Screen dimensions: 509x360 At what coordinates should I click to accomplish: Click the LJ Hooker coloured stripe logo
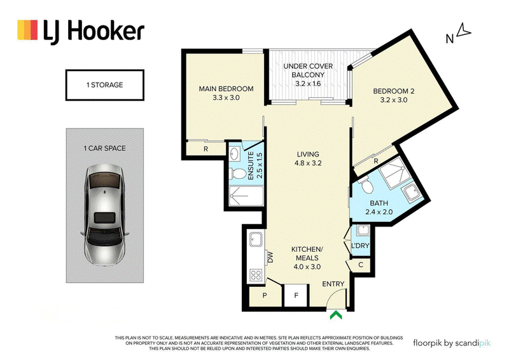[x=27, y=30]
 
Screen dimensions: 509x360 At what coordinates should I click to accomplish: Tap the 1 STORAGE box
[x=104, y=85]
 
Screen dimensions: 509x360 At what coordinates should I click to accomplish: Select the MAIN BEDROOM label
[x=226, y=88]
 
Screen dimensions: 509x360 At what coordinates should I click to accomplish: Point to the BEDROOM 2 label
[x=393, y=91]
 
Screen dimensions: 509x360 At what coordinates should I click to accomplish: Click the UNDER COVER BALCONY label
[x=308, y=71]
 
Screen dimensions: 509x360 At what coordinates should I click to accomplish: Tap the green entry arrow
[x=336, y=315]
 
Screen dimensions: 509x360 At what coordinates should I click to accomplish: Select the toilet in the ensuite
[x=237, y=174]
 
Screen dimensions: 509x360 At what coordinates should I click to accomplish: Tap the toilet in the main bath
[x=366, y=184]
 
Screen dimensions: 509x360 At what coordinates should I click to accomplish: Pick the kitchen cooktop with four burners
[x=256, y=275]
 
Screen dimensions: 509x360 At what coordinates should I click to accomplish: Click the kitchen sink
[x=256, y=240]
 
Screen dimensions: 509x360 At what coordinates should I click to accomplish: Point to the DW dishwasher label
[x=270, y=258]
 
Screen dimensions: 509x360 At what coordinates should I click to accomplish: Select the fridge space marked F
[x=296, y=295]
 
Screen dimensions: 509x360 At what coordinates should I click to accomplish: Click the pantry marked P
[x=265, y=296]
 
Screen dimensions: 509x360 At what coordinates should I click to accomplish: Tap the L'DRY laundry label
[x=360, y=246]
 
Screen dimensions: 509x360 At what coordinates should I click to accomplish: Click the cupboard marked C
[x=361, y=265]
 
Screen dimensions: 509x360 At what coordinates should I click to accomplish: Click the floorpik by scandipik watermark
[x=452, y=343]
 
